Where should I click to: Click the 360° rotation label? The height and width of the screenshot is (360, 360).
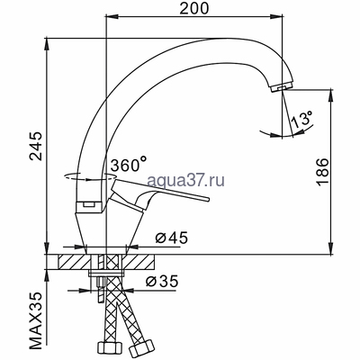[128, 165]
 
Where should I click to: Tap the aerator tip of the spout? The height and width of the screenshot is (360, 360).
[280, 85]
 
